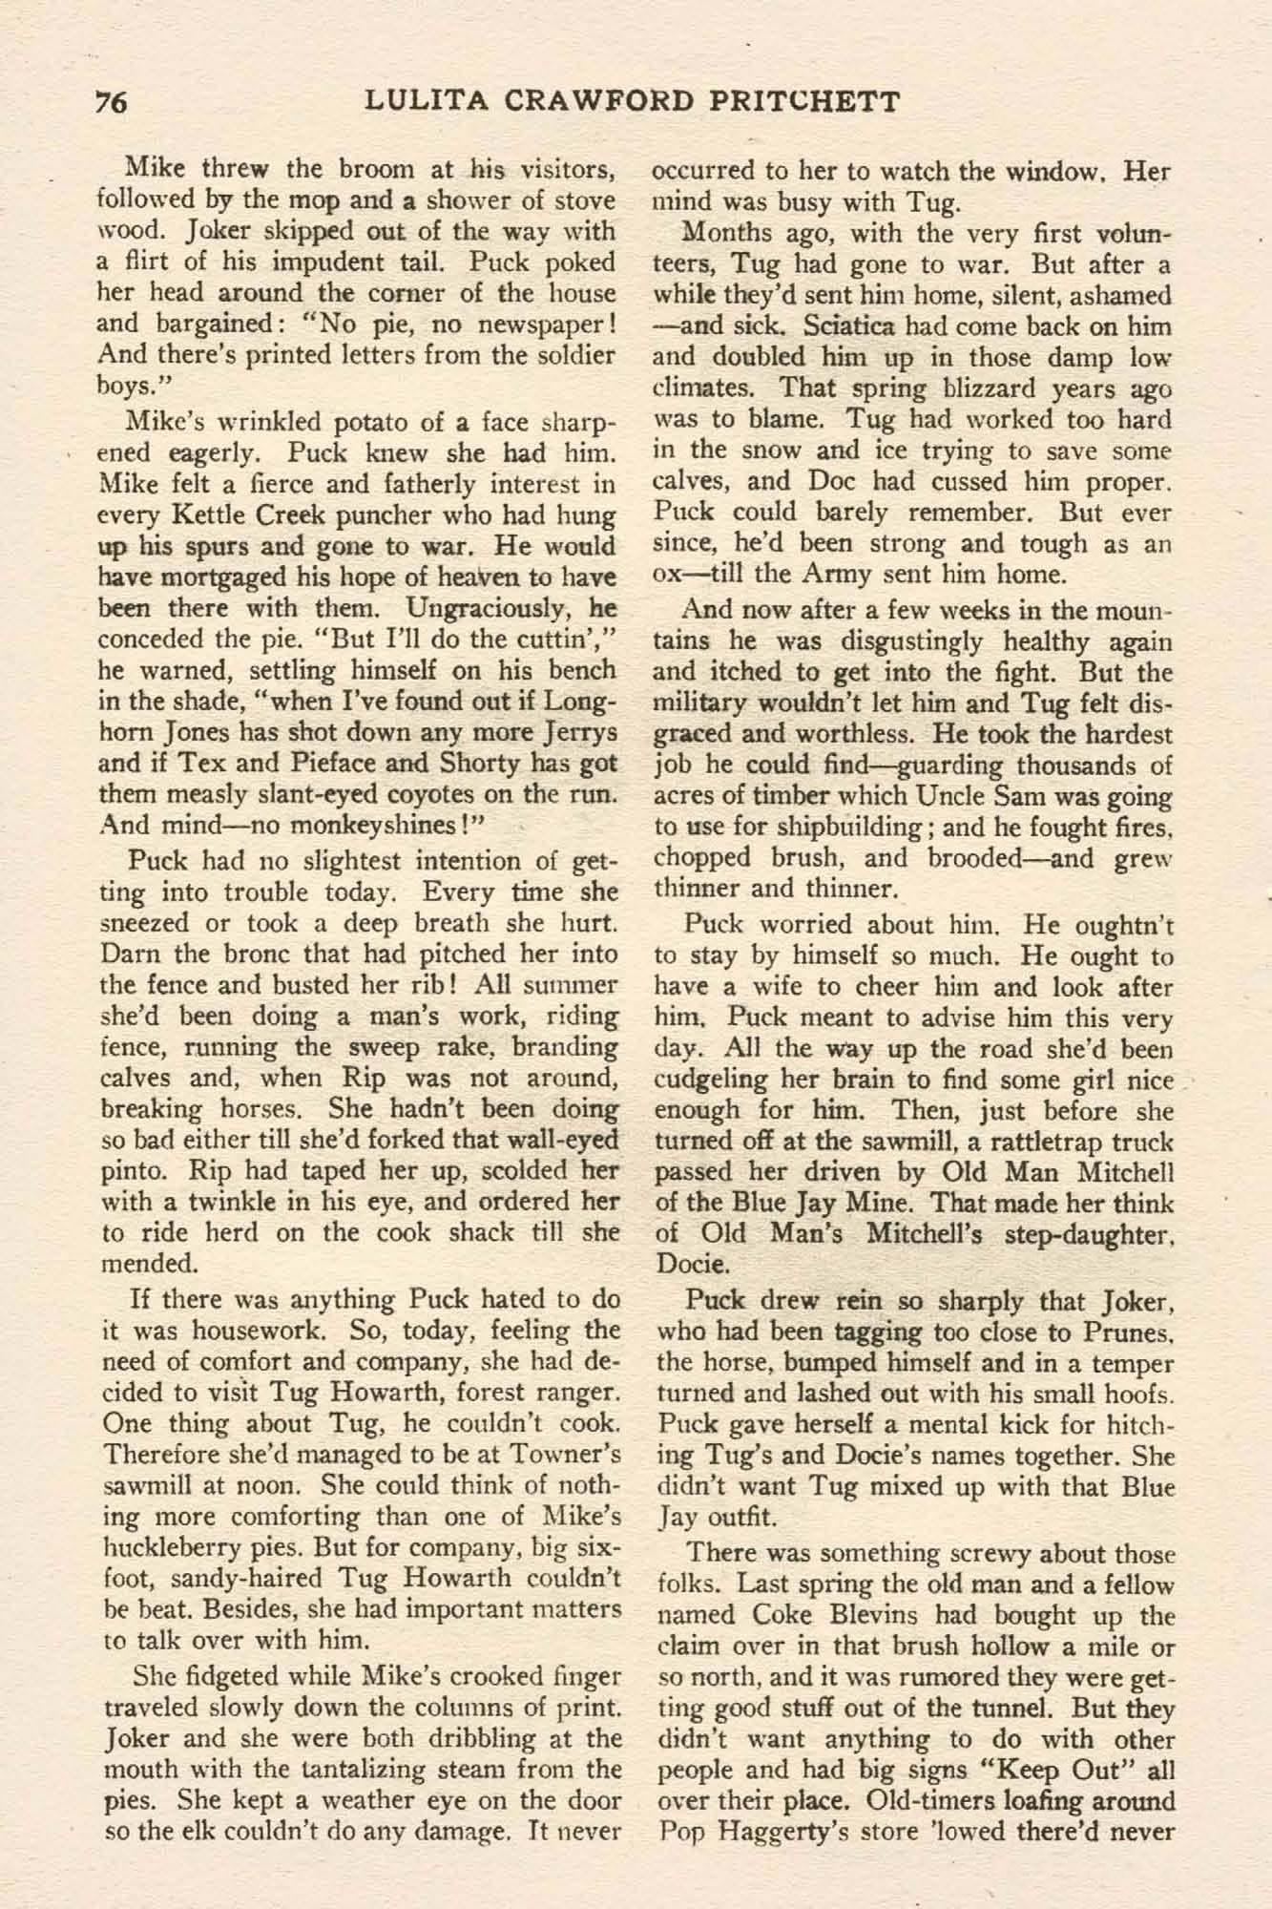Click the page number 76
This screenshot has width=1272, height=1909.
pos(112,102)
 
